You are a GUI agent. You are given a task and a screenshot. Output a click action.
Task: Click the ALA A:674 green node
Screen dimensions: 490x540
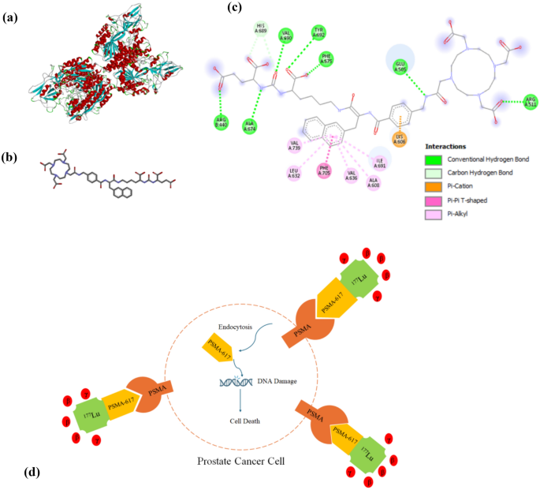click(249, 128)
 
